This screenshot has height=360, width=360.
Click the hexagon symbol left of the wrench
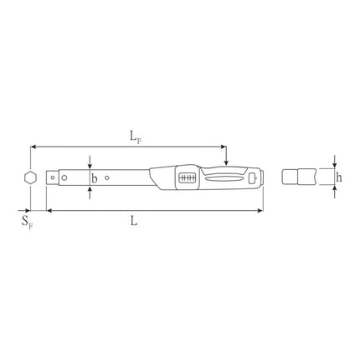click(29, 177)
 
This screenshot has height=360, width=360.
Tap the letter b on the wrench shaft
click(94, 177)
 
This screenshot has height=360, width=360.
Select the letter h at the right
click(338, 177)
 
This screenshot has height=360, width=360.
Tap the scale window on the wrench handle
click(187, 178)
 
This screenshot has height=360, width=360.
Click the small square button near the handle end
click(253, 177)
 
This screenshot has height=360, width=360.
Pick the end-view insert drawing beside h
click(296, 177)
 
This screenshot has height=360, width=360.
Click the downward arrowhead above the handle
click(226, 160)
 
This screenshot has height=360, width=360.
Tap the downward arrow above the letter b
click(90, 164)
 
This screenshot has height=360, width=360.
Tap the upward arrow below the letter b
click(90, 189)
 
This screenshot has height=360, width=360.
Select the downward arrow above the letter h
click(334, 164)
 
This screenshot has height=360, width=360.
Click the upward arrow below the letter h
click(334, 190)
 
